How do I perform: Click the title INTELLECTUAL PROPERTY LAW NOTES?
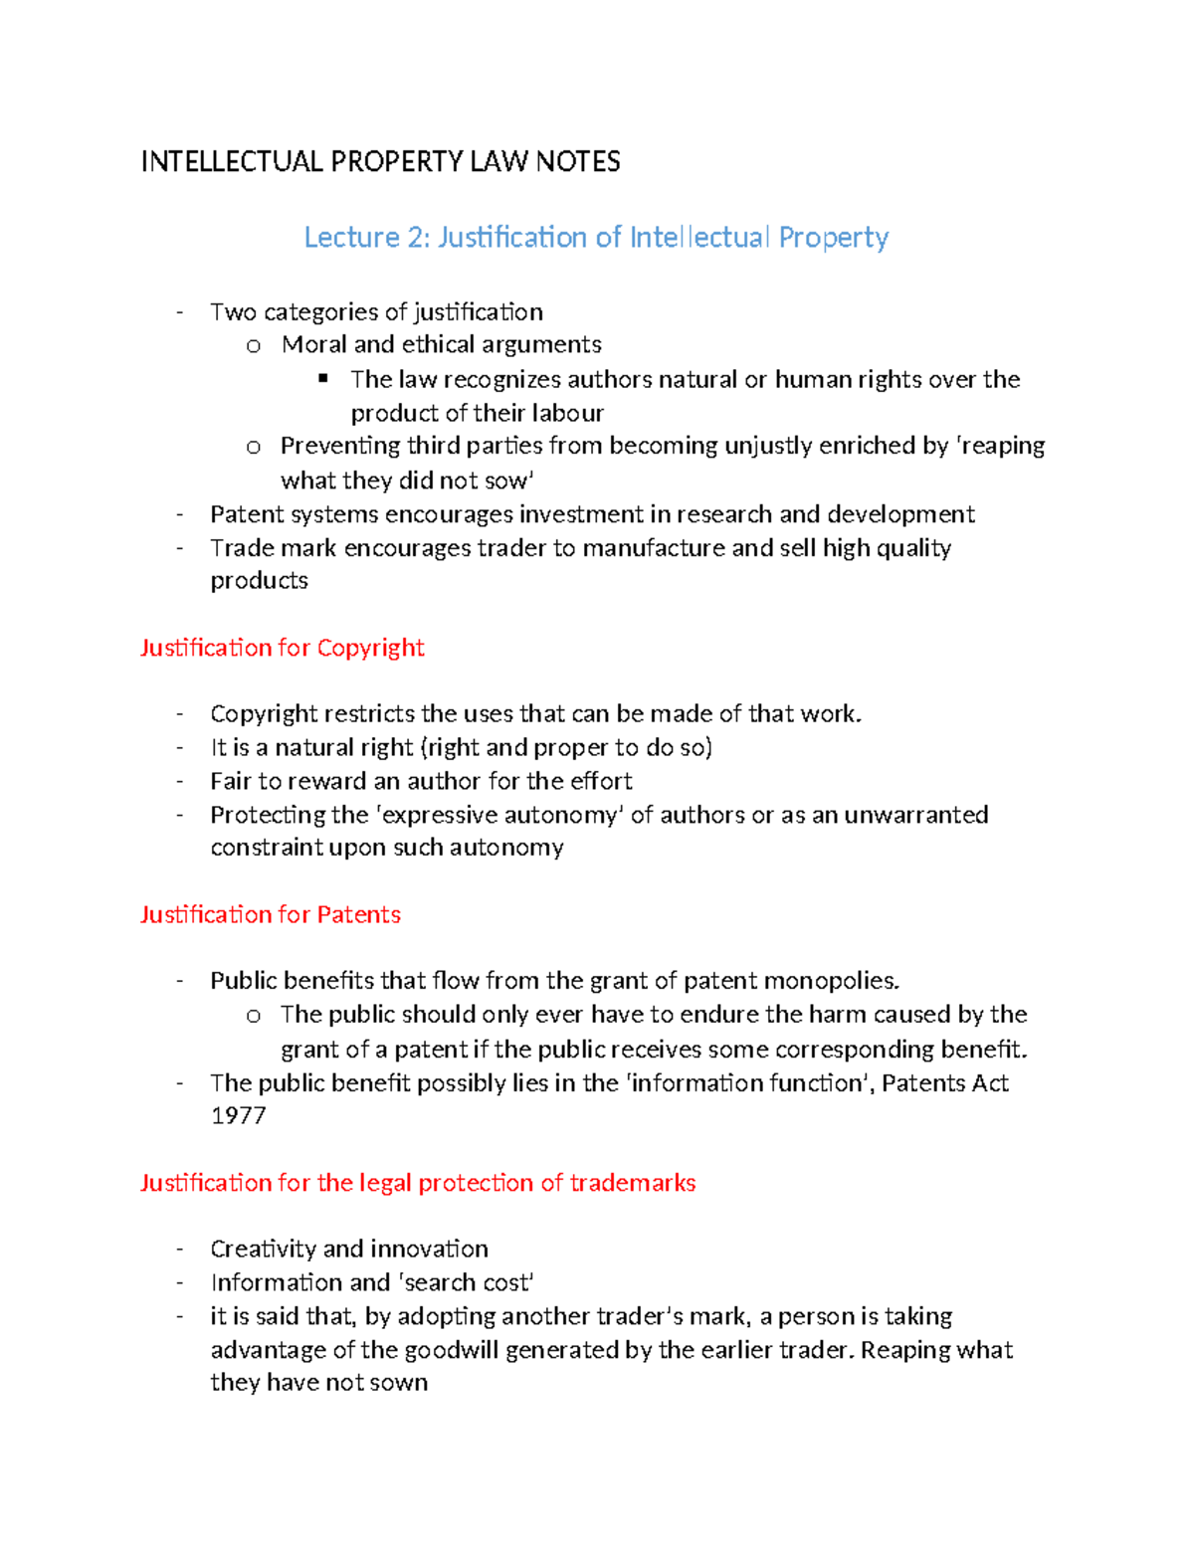point(380,162)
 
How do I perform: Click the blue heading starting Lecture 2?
point(596,238)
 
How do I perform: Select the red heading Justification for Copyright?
point(282,648)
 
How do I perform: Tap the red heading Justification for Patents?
point(270,914)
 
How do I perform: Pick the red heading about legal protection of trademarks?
point(417,1183)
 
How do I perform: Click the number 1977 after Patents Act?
point(238,1115)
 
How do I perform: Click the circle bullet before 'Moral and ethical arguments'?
point(253,345)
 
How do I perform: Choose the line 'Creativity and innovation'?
point(349,1249)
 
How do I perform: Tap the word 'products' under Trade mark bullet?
point(259,581)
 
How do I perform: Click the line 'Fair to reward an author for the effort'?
point(421,781)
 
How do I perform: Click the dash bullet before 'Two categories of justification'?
point(179,312)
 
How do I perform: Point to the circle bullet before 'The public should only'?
point(253,1016)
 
